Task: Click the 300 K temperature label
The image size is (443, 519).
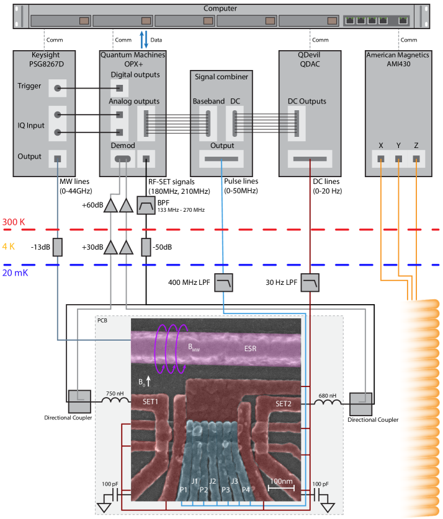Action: coord(14,222)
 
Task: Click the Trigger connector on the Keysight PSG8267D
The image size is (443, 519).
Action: coord(58,88)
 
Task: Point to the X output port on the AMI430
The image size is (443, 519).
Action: coord(380,159)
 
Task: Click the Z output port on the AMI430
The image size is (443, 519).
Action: coord(416,159)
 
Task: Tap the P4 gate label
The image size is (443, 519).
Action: coord(246,490)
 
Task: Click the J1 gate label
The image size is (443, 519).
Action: coord(194,481)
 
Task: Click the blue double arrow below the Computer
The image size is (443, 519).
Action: coord(143,39)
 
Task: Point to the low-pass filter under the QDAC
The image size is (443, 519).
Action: coord(310,284)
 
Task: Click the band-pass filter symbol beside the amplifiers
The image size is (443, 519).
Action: coord(146,204)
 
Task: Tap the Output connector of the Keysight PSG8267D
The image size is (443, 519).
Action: coord(58,159)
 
